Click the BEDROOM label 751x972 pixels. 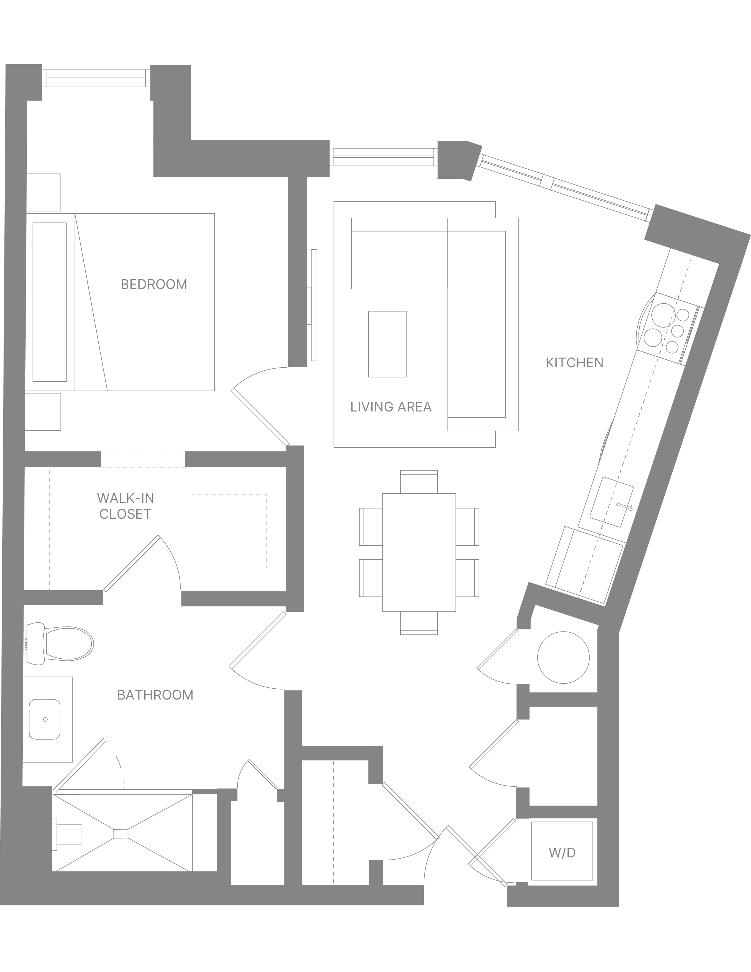[x=154, y=285]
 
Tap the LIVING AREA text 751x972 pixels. [x=391, y=407]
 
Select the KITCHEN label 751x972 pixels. [x=574, y=363]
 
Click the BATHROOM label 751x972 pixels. [x=155, y=695]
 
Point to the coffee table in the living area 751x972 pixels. [x=387, y=344]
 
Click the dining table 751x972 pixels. [x=419, y=552]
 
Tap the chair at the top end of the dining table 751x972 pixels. [x=419, y=482]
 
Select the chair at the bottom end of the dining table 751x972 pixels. [x=419, y=623]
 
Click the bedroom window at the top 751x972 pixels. [x=96, y=78]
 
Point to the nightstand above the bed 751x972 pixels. [x=43, y=192]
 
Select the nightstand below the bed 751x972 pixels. [x=43, y=412]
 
